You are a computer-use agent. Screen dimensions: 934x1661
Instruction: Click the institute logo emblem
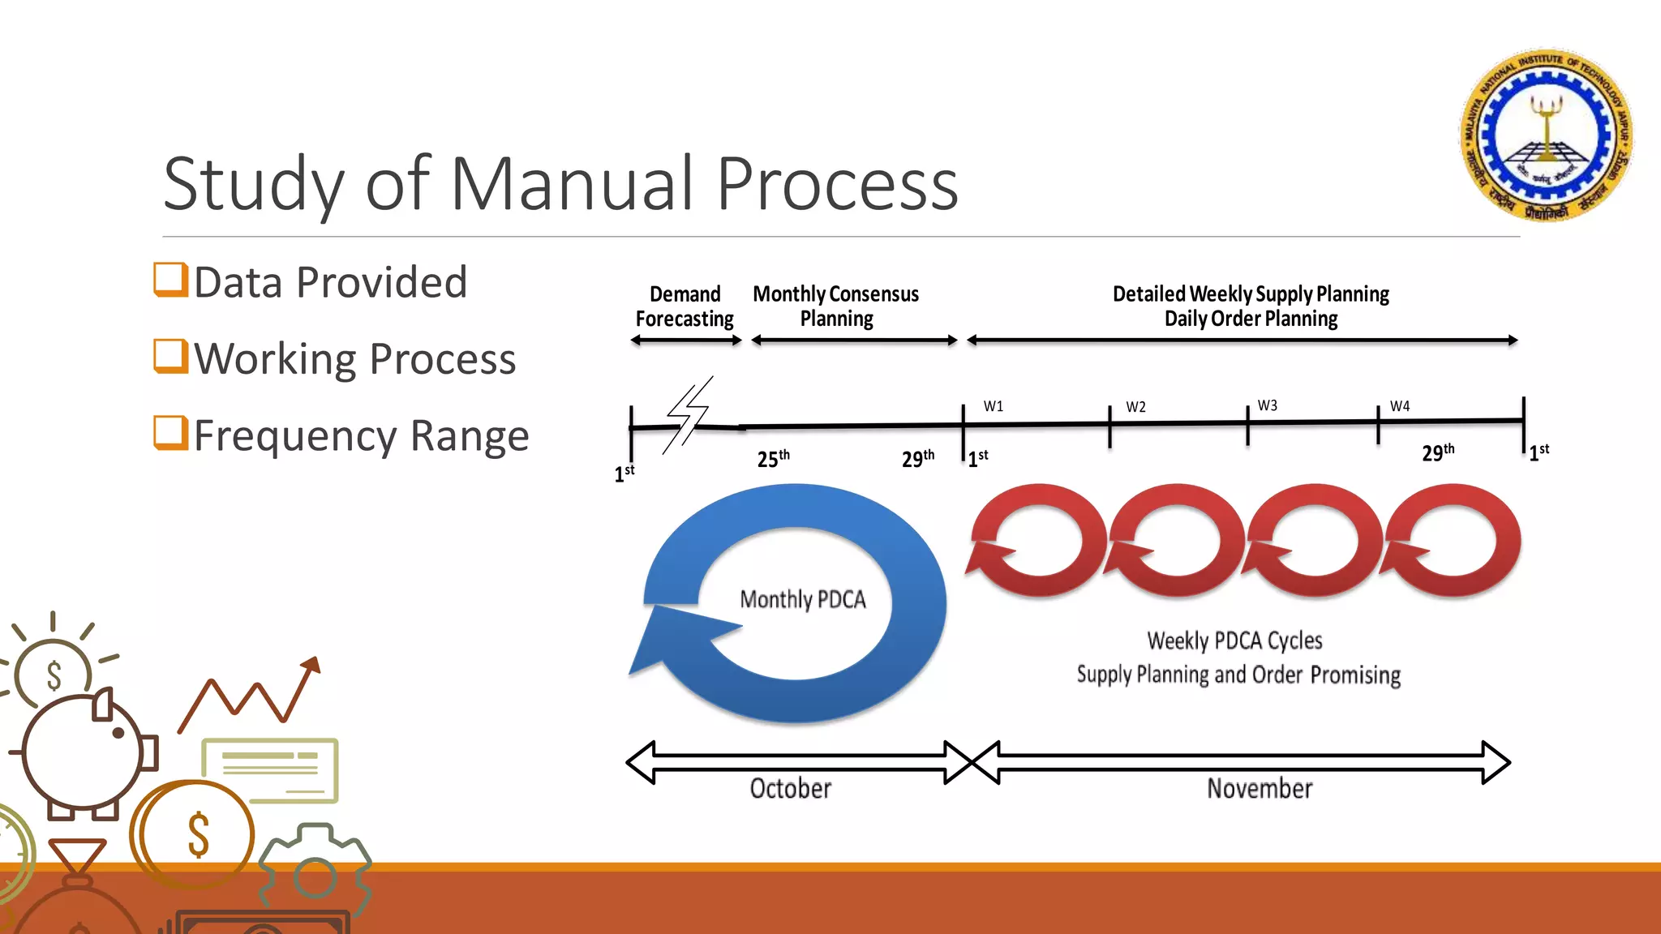(1547, 135)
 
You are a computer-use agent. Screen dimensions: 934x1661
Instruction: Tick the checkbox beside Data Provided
(171, 280)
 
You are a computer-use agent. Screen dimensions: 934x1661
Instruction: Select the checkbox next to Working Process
(171, 356)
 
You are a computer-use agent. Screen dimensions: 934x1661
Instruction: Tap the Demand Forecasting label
(685, 306)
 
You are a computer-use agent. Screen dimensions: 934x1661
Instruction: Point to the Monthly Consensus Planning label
(835, 306)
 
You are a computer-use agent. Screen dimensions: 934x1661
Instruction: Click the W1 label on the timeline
(994, 406)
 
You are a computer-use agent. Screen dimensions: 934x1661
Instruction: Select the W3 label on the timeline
(1267, 405)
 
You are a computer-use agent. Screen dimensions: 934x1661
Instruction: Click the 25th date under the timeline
(772, 459)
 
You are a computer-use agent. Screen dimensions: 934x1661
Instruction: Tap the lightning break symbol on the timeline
(688, 415)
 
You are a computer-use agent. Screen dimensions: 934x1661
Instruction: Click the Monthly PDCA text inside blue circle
(802, 599)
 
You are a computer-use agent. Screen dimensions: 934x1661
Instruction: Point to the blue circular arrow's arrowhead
(669, 636)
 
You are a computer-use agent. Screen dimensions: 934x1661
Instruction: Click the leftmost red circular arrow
(1036, 540)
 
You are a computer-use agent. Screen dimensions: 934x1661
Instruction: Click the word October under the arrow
(790, 788)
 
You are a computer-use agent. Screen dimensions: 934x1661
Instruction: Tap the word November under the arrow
(1259, 788)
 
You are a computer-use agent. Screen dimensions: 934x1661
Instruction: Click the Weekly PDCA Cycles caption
(1234, 641)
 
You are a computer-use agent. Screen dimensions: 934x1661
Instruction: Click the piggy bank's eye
(118, 733)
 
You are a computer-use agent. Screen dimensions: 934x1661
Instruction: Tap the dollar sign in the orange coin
(199, 835)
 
